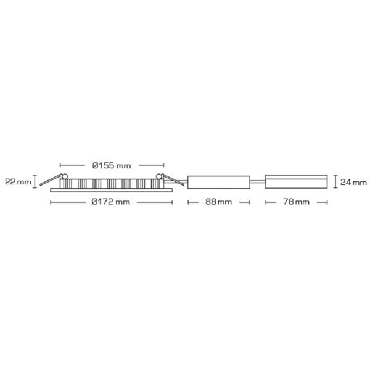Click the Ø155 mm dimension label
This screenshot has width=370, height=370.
[x=112, y=166]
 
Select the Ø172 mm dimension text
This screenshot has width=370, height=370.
[x=110, y=202]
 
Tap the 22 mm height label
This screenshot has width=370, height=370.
[x=18, y=182]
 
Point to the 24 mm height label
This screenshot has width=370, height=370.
[x=353, y=182]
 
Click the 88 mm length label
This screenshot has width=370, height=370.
[x=218, y=202]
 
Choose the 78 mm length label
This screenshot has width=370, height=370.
[x=296, y=202]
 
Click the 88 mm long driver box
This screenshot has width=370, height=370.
[x=219, y=182]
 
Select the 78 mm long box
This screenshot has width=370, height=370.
[x=296, y=182]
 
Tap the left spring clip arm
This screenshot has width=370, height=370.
[x=50, y=180]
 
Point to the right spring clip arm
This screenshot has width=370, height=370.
[x=173, y=180]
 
